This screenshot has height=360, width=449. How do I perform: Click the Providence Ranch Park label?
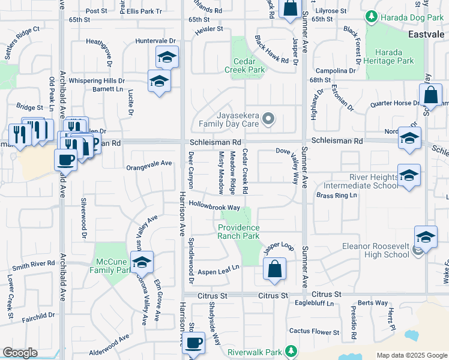(238, 232)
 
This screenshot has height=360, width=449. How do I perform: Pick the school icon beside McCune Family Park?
(142, 262)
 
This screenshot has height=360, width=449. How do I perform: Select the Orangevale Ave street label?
(149, 163)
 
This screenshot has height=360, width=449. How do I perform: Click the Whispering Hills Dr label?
(96, 80)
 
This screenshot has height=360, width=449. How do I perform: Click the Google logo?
(20, 352)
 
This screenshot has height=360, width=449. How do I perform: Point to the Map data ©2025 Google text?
(411, 355)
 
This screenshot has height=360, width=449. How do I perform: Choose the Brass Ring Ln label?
(336, 196)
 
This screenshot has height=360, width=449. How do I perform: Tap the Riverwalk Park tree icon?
(291, 350)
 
